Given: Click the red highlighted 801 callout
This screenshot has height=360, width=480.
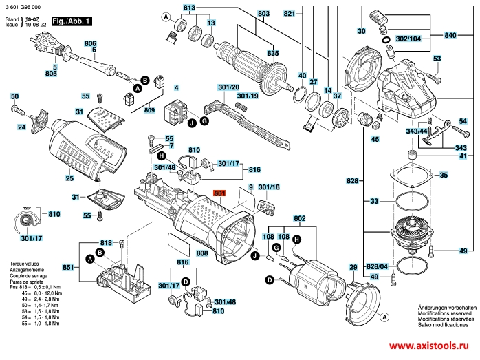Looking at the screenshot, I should [219, 194].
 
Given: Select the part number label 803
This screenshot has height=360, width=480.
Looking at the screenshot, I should [244, 14].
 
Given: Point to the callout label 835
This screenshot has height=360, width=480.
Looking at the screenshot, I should [273, 53].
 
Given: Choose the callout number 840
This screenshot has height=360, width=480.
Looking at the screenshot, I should [450, 34].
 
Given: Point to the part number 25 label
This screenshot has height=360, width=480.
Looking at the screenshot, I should [69, 178].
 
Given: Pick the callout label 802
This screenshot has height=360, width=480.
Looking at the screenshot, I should [299, 218].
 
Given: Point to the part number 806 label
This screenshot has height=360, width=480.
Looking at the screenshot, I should [89, 43].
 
